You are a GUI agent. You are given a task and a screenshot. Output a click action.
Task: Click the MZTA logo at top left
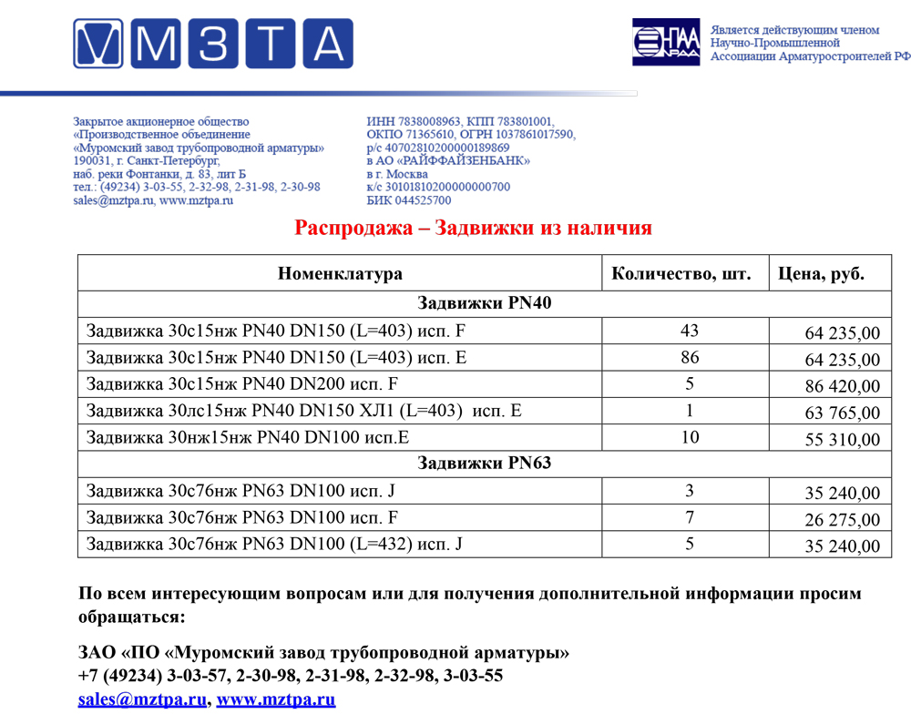[x=212, y=44]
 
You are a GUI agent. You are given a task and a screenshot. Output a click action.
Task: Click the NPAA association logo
[x=666, y=42]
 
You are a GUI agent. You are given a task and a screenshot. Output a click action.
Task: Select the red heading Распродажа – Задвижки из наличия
[x=473, y=228]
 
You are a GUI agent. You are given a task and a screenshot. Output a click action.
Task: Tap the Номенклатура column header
[x=340, y=274]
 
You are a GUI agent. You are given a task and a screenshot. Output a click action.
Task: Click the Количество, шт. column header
[x=681, y=274]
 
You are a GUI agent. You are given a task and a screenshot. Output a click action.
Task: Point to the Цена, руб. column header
[x=821, y=274]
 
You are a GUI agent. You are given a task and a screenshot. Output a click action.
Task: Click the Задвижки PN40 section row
[x=485, y=304]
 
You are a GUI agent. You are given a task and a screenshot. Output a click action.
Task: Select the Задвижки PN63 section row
[x=485, y=464]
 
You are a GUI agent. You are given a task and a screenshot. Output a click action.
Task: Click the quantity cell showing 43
[x=690, y=331]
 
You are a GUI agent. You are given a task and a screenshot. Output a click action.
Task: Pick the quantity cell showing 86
[x=690, y=358]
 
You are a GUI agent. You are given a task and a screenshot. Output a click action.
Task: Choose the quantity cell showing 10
[x=690, y=438]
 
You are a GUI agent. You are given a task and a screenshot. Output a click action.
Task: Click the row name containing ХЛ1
[x=304, y=411]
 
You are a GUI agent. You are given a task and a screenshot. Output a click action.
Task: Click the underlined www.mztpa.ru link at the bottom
[x=276, y=700]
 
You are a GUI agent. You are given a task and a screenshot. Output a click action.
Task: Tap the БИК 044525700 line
[x=409, y=200]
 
